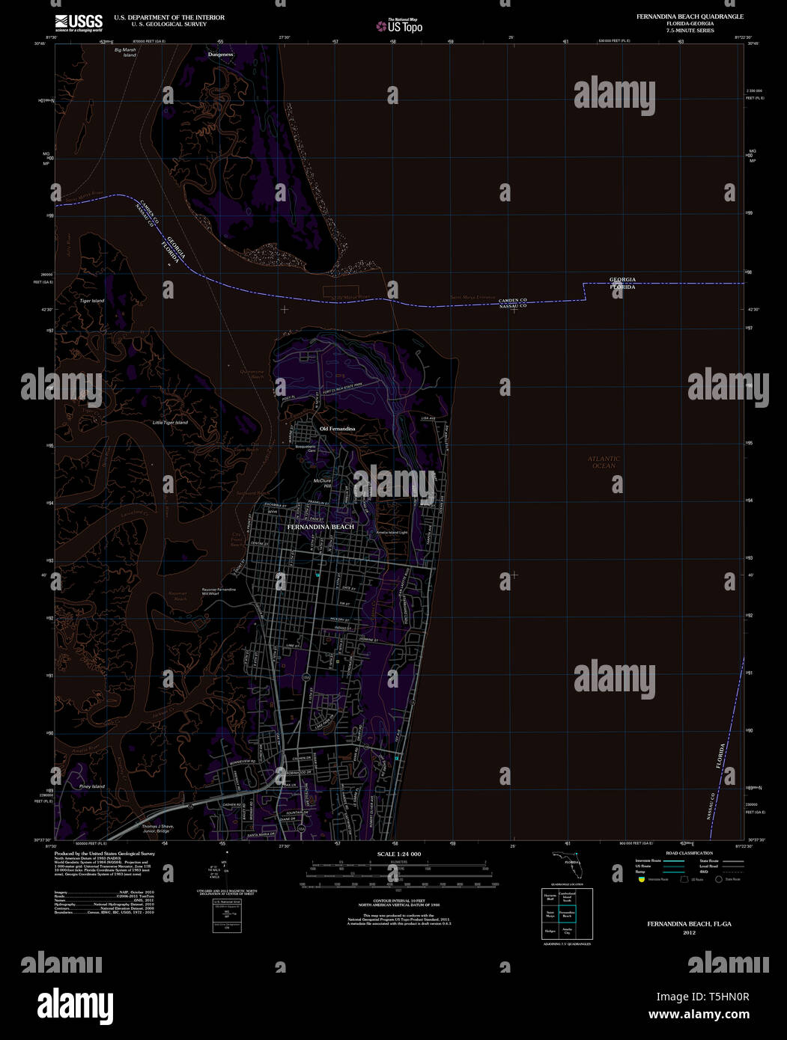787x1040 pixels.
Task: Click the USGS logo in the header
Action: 78,22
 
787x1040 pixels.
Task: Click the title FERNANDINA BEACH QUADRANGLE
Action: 681,16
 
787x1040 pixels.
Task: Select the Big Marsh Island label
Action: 125,52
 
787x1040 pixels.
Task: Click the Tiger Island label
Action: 92,301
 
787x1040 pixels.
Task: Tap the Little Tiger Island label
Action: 170,423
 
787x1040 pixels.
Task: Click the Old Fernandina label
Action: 337,429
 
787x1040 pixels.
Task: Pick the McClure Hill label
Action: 323,483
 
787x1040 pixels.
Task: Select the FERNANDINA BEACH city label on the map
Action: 320,527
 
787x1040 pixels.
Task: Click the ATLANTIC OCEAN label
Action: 604,462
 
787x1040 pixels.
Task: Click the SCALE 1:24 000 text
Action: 399,854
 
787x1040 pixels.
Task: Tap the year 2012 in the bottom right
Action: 689,933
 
